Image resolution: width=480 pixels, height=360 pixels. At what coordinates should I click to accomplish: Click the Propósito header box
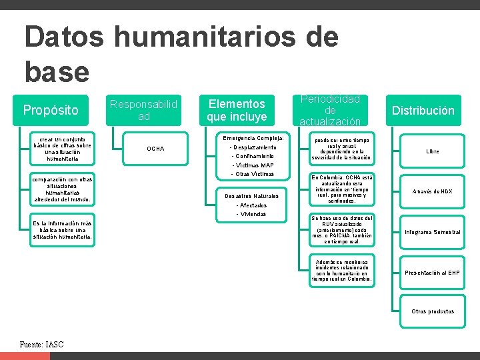click(51, 110)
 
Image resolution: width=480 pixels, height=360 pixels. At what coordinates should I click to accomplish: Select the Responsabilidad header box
click(143, 110)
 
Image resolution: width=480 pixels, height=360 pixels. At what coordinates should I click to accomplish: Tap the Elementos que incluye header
click(236, 110)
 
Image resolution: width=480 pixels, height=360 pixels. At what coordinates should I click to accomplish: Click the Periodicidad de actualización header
click(329, 110)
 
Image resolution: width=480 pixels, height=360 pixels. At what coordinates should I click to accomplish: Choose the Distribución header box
click(423, 110)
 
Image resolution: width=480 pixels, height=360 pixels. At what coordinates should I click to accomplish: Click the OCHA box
click(155, 148)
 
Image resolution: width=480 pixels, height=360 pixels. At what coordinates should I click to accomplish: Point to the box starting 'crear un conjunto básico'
click(63, 149)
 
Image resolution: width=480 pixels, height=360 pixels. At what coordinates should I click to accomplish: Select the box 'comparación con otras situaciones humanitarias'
click(63, 189)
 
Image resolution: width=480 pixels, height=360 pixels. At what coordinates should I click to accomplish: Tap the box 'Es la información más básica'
click(63, 230)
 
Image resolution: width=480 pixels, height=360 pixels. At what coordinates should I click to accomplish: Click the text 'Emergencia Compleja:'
click(253, 137)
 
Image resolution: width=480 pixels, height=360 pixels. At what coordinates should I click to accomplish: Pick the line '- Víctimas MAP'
click(252, 165)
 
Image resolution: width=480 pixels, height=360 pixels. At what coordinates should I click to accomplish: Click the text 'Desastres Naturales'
click(252, 196)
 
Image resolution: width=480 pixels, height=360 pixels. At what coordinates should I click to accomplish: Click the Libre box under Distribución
click(433, 151)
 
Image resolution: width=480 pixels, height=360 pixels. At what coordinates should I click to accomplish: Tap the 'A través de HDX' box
click(433, 191)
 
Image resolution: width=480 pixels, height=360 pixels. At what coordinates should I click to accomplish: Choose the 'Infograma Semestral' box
click(433, 232)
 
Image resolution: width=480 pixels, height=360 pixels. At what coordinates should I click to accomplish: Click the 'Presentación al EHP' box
click(433, 273)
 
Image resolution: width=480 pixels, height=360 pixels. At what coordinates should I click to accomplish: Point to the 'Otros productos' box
click(433, 311)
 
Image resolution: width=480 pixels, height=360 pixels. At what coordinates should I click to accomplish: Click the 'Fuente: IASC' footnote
click(42, 345)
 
